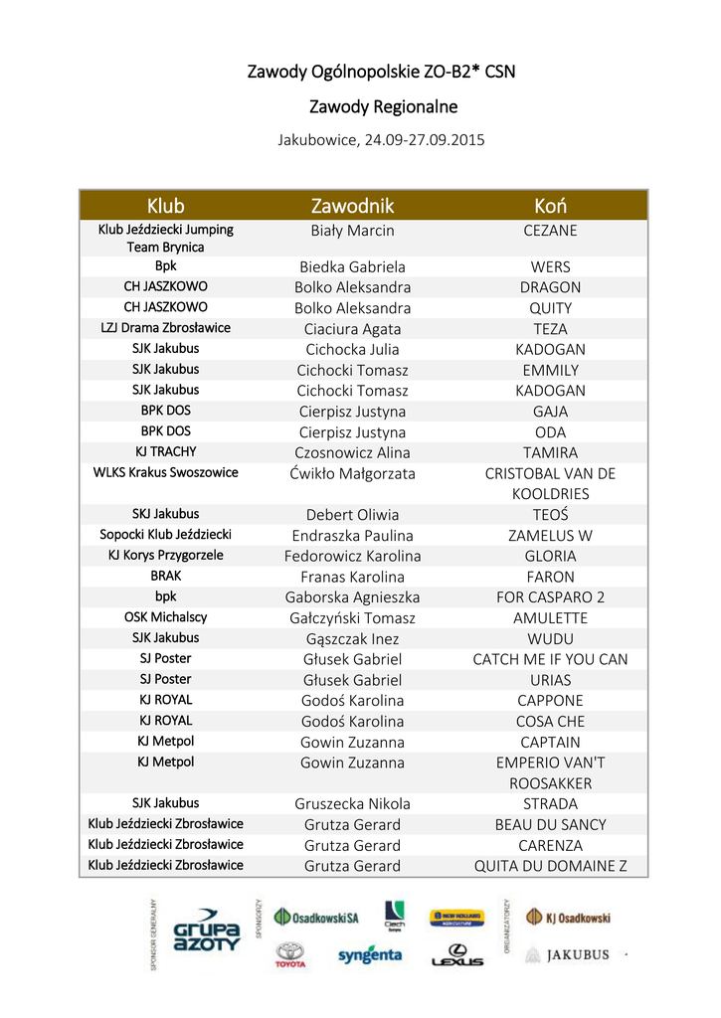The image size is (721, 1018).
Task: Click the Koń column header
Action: pyautogui.click(x=550, y=206)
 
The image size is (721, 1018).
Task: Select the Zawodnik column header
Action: pyautogui.click(x=352, y=206)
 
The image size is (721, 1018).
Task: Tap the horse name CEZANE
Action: pyautogui.click(x=550, y=231)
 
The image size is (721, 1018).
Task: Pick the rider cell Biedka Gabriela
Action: pyautogui.click(x=352, y=266)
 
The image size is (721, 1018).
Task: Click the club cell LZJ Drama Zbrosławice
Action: pyautogui.click(x=165, y=328)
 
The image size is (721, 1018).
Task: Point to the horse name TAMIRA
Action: pyautogui.click(x=550, y=452)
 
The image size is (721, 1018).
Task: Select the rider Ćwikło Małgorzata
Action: pyautogui.click(x=352, y=473)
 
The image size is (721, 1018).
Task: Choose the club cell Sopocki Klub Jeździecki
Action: pyautogui.click(x=165, y=535)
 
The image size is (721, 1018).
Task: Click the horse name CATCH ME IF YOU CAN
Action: pyautogui.click(x=550, y=659)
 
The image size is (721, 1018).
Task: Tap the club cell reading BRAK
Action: pyautogui.click(x=165, y=576)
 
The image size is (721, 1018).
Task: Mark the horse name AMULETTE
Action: pyautogui.click(x=550, y=617)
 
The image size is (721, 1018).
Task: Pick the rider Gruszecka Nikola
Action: pyautogui.click(x=352, y=803)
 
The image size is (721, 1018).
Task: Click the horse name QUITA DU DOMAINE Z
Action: pyautogui.click(x=550, y=866)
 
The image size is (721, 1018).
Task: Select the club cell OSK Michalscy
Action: pyautogui.click(x=165, y=617)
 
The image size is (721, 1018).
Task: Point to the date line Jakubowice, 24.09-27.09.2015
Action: pyautogui.click(x=381, y=140)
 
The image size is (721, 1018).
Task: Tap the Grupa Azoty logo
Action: pyautogui.click(x=207, y=931)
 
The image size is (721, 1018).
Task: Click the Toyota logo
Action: pyautogui.click(x=289, y=955)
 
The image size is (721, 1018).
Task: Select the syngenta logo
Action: pyautogui.click(x=369, y=955)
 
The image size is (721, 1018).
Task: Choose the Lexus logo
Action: pyautogui.click(x=456, y=955)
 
